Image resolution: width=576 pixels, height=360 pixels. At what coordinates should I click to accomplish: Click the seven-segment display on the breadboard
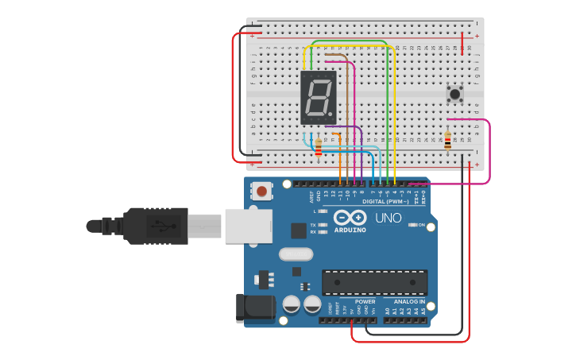click(319, 97)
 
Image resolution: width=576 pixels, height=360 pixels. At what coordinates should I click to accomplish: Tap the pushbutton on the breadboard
click(455, 94)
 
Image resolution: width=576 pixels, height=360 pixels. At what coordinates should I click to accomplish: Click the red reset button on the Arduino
click(261, 191)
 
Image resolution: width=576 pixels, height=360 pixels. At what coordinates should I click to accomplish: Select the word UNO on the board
click(388, 218)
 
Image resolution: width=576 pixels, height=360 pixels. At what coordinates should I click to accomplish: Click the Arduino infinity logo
click(350, 218)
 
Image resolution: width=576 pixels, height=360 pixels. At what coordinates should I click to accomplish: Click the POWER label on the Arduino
click(365, 301)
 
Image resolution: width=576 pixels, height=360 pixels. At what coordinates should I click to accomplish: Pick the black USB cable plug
click(156, 226)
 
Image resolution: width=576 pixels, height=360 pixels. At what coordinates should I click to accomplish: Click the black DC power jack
click(253, 308)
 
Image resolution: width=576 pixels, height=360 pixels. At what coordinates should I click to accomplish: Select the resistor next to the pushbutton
click(447, 141)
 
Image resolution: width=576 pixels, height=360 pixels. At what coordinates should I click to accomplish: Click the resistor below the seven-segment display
click(319, 146)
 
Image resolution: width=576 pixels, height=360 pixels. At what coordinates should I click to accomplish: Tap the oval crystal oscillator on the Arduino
click(296, 255)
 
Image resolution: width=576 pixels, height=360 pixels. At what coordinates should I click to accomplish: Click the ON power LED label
click(421, 225)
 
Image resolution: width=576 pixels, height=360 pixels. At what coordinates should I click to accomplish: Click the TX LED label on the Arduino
click(314, 225)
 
